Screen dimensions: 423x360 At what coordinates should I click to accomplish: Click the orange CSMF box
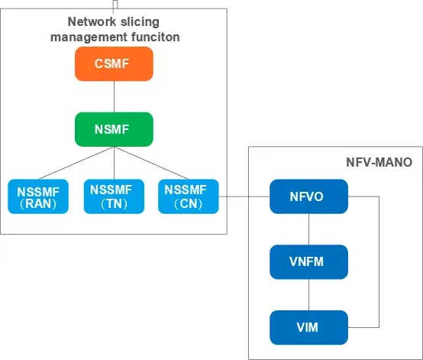[x=114, y=63]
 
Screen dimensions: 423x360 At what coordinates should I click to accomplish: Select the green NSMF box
[x=114, y=129]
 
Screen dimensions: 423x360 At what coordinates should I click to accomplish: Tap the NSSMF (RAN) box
[x=38, y=196]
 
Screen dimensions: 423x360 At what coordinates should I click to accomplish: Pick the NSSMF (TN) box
[x=114, y=196]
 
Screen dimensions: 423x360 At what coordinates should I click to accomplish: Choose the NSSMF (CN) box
[x=189, y=196]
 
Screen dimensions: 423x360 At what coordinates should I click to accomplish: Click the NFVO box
[x=309, y=196]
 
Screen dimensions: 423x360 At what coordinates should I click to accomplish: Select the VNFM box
[x=309, y=262]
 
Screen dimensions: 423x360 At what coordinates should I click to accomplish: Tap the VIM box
[x=309, y=328]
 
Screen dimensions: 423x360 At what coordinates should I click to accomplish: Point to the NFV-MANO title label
[x=379, y=162]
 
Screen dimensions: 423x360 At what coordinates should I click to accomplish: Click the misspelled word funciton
[x=156, y=37]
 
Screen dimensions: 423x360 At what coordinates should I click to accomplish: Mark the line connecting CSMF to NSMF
[x=114, y=96]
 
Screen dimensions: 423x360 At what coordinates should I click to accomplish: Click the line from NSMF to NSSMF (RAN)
[x=76, y=163]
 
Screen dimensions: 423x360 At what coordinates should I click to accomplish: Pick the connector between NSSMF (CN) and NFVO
[x=244, y=196]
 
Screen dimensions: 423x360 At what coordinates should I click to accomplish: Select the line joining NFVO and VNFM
[x=309, y=229]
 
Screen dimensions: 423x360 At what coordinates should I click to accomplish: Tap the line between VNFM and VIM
[x=309, y=295]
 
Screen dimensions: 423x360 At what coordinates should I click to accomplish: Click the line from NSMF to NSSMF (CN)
[x=151, y=163]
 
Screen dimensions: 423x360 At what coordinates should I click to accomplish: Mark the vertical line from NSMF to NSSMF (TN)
[x=114, y=163]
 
